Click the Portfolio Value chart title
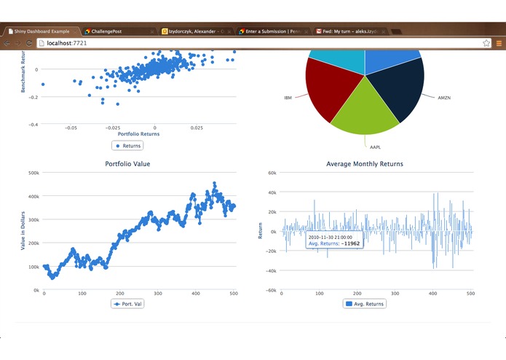127,164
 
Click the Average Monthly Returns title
364,164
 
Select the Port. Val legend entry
127,303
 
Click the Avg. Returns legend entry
364,303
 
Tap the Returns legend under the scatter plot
128,146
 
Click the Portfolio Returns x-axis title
138,134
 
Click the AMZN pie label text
444,97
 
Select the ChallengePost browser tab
116,32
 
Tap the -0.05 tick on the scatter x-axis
71,127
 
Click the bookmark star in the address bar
486,44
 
